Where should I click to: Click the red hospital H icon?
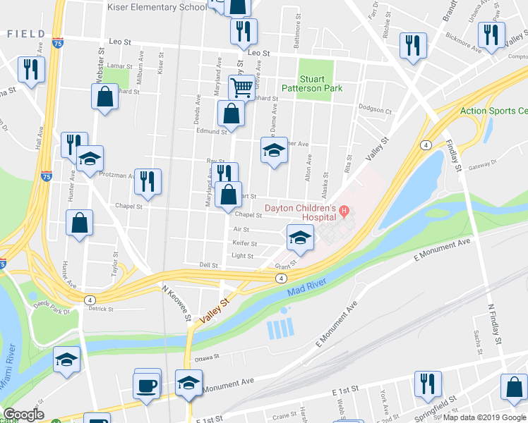click(x=344, y=210)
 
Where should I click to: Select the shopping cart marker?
click(x=241, y=89)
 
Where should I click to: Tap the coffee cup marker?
click(x=148, y=387)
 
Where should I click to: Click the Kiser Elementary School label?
click(x=156, y=7)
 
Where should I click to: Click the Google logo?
click(x=23, y=415)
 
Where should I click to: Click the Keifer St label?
click(x=244, y=243)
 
